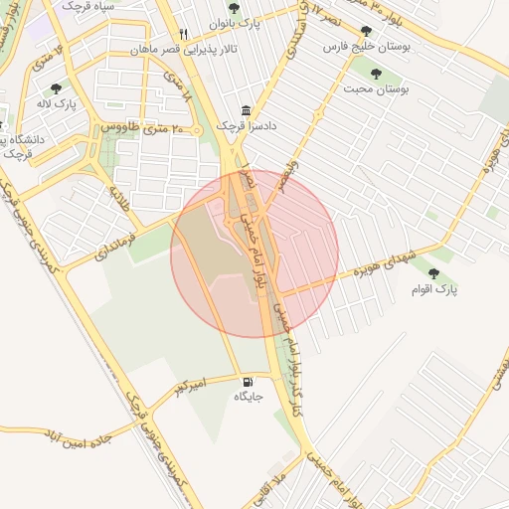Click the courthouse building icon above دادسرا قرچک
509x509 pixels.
coord(247,112)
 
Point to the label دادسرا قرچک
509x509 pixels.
coord(247,128)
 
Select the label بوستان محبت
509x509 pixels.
coord(377,88)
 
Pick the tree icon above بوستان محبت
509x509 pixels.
coord(377,73)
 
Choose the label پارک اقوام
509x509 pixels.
coord(433,288)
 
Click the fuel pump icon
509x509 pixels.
coord(247,381)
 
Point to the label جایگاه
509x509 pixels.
coord(248,397)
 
